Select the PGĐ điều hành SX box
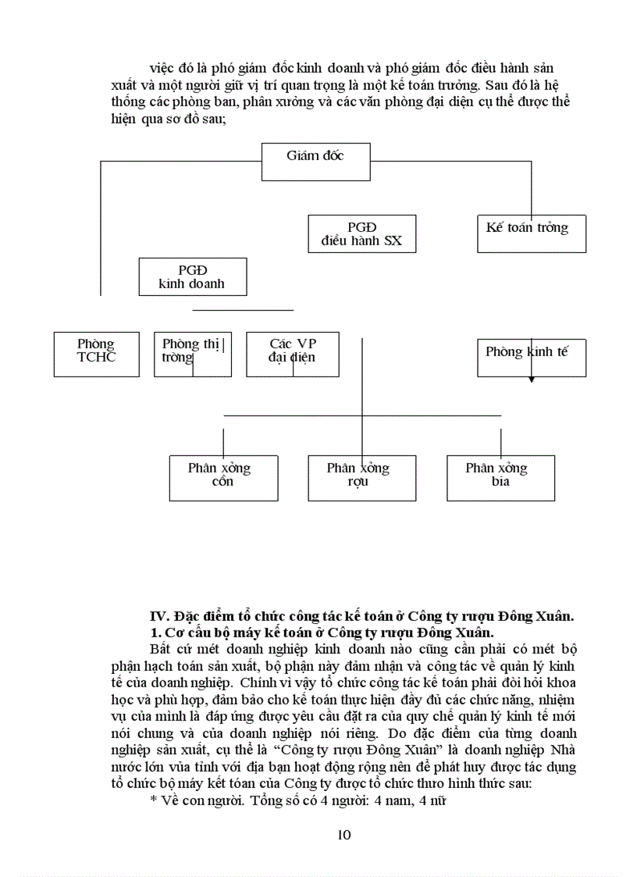(361, 234)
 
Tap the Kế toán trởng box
(531, 234)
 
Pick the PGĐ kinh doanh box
(192, 276)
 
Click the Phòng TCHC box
(96, 355)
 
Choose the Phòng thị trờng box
(192, 355)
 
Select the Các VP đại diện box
(292, 355)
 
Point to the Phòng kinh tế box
(531, 357)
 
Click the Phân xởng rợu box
(361, 478)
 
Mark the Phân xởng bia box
(500, 478)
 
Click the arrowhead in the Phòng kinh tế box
(532, 379)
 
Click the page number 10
(344, 835)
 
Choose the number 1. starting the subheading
(155, 632)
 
